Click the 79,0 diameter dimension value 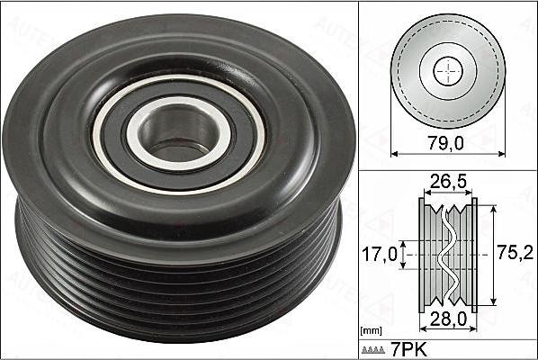click(445, 143)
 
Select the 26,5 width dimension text click(448, 182)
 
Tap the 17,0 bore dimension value click(380, 255)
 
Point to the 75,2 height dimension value click(516, 253)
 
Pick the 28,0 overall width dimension click(448, 319)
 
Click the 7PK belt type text click(409, 350)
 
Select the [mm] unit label click(371, 331)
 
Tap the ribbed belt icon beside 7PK click(373, 350)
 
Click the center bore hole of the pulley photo click(176, 135)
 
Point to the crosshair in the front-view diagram click(448, 72)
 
